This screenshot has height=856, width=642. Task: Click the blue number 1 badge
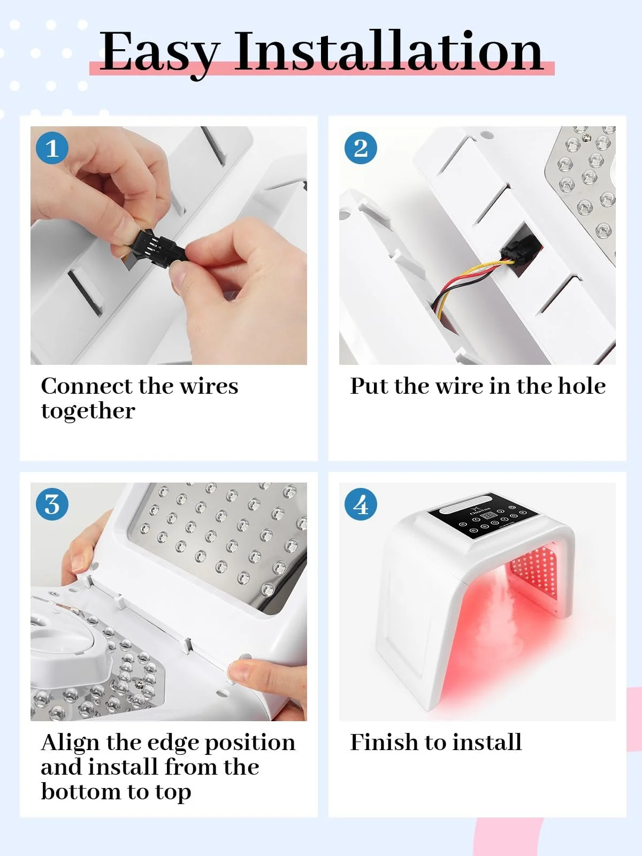[x=52, y=148]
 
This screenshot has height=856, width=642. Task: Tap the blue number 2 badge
[x=361, y=148]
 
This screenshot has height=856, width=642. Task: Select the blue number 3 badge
[x=52, y=504]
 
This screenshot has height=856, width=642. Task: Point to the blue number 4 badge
[x=361, y=504]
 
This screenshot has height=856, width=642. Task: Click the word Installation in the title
[x=388, y=51]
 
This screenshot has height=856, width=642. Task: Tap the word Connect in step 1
[x=87, y=386]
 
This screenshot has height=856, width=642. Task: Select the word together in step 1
[x=88, y=411]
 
